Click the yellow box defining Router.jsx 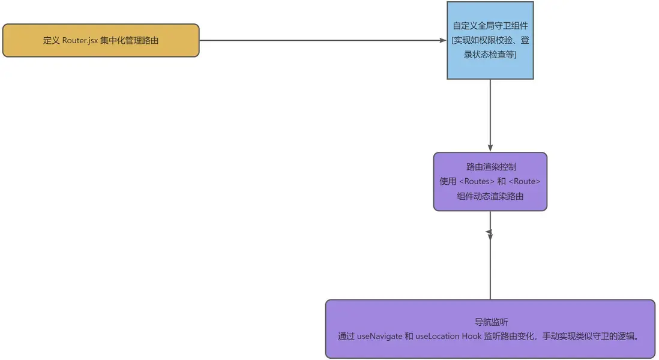[100, 40]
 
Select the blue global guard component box [490, 40]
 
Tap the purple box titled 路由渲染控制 [490, 181]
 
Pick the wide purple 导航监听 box [490, 329]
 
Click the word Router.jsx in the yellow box [80, 41]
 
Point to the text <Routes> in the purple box [477, 181]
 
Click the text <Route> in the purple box [525, 181]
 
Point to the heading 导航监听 [490, 322]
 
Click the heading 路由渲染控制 [490, 167]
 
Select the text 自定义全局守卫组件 [490, 26]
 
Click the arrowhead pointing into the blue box [443, 40]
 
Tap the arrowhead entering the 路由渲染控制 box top [490, 148]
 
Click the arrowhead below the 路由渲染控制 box [490, 232]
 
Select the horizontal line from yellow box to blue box [318, 40]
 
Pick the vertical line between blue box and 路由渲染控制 [490, 114]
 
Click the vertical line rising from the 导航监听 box [490, 270]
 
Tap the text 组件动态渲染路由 [490, 196]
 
